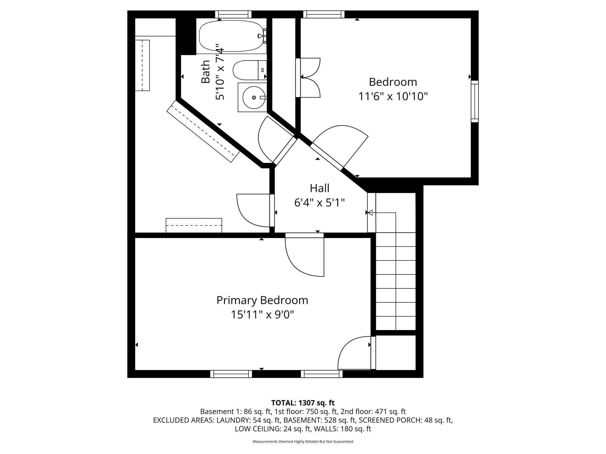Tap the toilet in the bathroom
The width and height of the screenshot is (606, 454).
250,70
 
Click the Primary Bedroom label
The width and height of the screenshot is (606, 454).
262,300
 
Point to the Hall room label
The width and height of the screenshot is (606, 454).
320,188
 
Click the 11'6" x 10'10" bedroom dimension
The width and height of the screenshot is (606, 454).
393,96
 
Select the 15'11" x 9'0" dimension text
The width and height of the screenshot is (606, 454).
262,314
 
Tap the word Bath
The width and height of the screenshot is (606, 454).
206,72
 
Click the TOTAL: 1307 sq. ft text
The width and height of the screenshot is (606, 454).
303,403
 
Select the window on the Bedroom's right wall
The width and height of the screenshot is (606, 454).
475,101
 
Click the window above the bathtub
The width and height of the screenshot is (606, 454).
233,14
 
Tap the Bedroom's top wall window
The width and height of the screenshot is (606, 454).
324,14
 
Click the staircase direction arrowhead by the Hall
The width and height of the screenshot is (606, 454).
370,213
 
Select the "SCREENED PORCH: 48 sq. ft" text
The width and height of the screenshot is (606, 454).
406,420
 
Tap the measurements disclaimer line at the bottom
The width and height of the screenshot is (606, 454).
303,441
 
